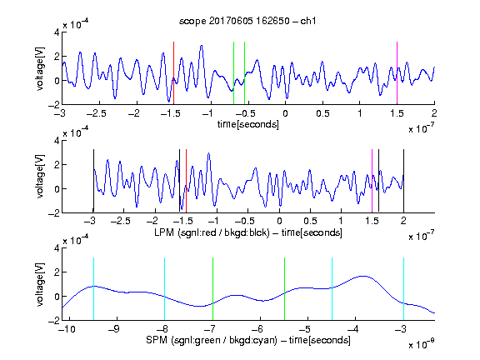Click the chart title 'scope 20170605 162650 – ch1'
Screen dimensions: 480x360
pyautogui.click(x=247, y=21)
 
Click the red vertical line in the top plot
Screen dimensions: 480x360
pyautogui.click(x=173, y=73)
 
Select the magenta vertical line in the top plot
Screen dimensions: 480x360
pyautogui.click(x=397, y=73)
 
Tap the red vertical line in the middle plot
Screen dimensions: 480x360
pyautogui.click(x=186, y=181)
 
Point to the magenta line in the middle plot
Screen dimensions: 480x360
pyautogui.click(x=372, y=181)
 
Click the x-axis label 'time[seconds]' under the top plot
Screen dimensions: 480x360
pyautogui.click(x=248, y=124)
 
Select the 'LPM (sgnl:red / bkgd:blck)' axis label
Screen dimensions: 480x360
pyautogui.click(x=212, y=232)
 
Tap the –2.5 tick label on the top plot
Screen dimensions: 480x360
pyautogui.click(x=97, y=113)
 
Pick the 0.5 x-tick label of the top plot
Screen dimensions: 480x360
pyautogui.click(x=322, y=113)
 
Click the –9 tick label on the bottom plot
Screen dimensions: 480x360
pyautogui.click(x=114, y=329)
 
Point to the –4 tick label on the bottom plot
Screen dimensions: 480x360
pyautogui.click(x=353, y=329)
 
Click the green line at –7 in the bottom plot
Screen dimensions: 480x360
pyautogui.click(x=212, y=289)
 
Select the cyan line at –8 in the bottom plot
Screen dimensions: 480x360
pyautogui.click(x=165, y=289)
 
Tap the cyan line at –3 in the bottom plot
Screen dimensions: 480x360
pyautogui.click(x=404, y=289)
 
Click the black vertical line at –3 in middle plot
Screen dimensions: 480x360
pyautogui.click(x=93, y=181)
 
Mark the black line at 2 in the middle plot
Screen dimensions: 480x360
pyautogui.click(x=404, y=181)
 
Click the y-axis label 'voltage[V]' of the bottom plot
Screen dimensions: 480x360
pyautogui.click(x=40, y=284)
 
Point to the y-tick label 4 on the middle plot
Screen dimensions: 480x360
pyautogui.click(x=57, y=141)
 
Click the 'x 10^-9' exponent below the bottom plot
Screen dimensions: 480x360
pyautogui.click(x=421, y=344)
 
